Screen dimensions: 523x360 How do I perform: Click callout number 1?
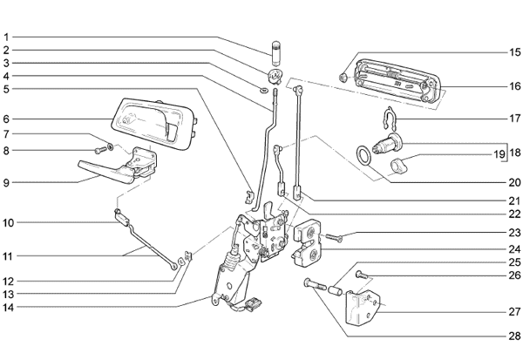[6, 37]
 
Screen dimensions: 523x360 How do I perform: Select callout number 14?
[9, 308]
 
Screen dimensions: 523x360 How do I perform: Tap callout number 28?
[514, 336]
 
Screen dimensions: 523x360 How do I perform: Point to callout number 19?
[499, 154]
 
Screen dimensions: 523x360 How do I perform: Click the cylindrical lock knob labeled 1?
[275, 53]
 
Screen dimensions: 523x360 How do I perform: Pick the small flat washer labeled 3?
[263, 90]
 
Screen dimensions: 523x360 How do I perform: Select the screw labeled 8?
[99, 151]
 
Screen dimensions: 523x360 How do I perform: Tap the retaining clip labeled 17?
[389, 119]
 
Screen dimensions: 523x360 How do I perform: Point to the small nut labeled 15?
[343, 78]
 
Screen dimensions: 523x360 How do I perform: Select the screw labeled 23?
[334, 238]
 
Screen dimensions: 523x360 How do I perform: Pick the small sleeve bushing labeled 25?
[336, 289]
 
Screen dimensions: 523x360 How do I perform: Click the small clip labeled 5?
[248, 197]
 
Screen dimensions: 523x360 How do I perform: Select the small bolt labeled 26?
[361, 275]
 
